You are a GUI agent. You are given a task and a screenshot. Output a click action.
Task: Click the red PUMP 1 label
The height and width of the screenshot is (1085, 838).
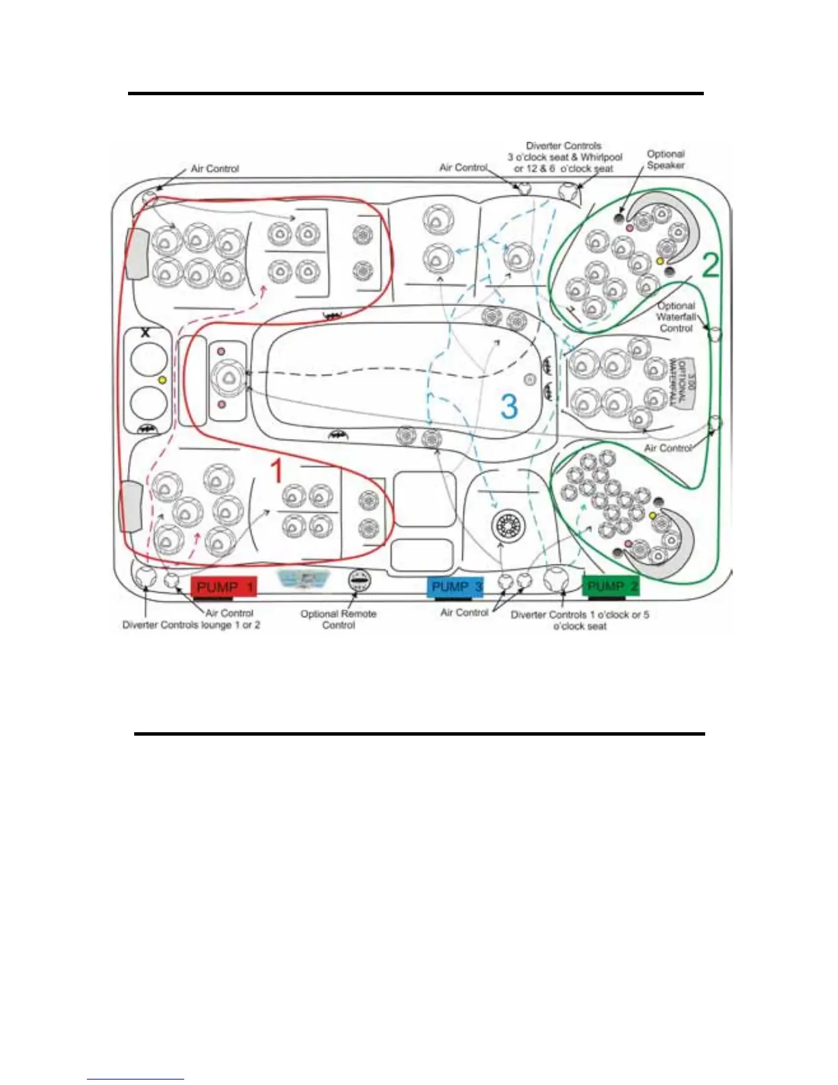224,587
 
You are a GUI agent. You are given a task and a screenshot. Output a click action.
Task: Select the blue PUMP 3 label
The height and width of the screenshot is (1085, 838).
455,587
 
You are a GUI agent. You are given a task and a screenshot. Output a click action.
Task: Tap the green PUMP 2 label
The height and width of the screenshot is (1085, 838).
611,586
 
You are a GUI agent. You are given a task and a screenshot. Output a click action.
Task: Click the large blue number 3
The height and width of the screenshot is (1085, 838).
509,406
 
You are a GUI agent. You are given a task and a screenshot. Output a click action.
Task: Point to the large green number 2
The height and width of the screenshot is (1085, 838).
711,265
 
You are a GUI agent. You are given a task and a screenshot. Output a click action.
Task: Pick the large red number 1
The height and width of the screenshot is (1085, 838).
276,471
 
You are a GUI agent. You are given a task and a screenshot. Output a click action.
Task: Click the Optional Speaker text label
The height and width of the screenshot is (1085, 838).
665,160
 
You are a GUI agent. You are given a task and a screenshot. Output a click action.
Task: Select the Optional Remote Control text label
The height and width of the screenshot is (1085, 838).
338,619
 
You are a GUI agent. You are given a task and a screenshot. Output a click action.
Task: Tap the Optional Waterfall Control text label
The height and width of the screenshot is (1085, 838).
676,317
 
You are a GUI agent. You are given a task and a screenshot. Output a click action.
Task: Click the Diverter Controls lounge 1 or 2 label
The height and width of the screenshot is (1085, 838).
191,625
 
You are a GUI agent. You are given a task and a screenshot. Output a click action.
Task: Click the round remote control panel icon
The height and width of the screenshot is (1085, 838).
359,581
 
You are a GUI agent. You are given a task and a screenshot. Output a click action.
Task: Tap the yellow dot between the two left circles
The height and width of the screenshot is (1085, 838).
162,379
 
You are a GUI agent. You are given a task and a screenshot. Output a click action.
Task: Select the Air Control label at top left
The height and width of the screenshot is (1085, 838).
214,169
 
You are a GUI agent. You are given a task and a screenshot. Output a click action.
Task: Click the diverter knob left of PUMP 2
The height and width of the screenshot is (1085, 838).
555,579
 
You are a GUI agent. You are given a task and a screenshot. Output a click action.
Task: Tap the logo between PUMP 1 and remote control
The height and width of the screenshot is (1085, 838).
303,579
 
